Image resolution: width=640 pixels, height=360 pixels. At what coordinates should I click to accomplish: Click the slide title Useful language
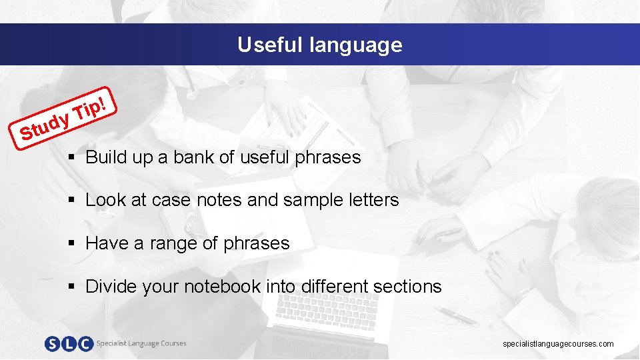coord(320,45)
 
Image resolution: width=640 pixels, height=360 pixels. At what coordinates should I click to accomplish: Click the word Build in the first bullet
coord(102,157)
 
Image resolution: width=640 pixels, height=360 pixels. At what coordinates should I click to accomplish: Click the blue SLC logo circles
coord(69,344)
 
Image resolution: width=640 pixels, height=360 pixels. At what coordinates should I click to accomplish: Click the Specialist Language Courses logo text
coord(141,343)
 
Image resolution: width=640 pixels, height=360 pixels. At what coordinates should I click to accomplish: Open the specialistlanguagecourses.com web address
coord(558,344)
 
